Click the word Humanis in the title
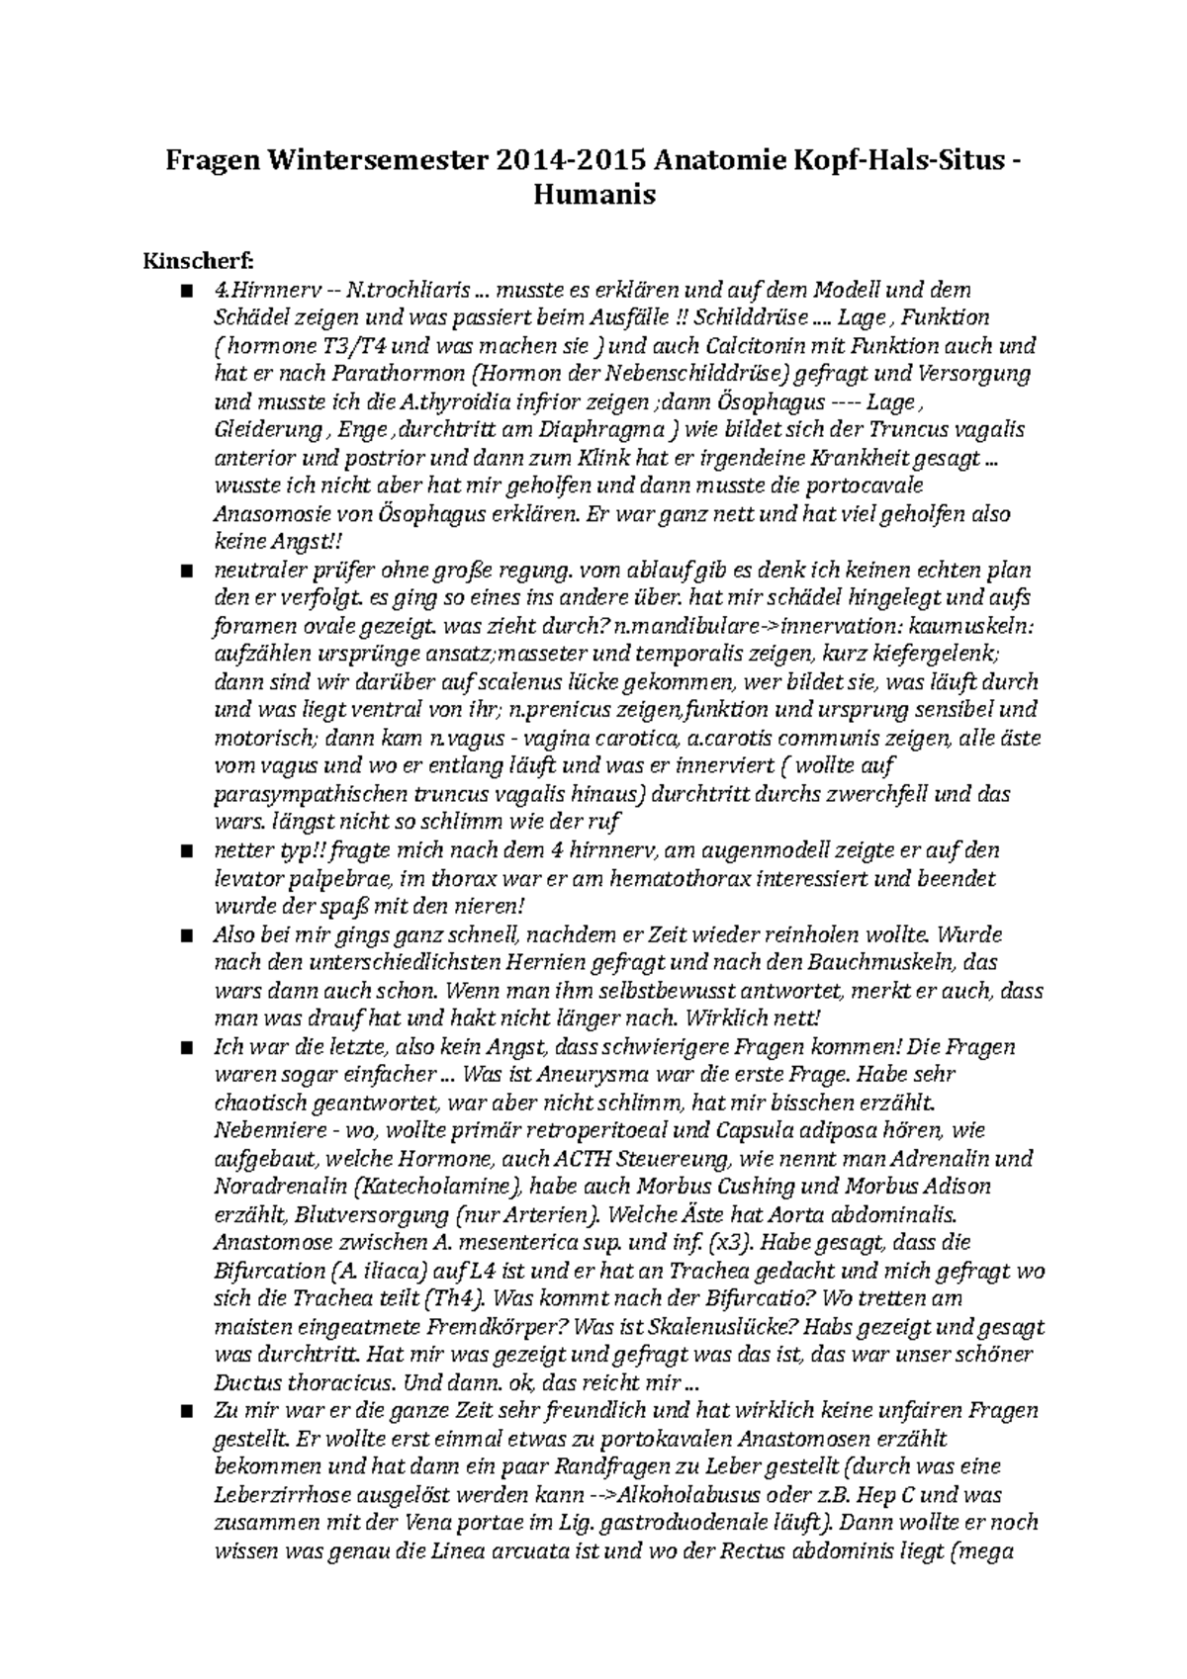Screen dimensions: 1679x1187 (x=594, y=195)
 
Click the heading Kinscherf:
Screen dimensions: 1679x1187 (x=199, y=261)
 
